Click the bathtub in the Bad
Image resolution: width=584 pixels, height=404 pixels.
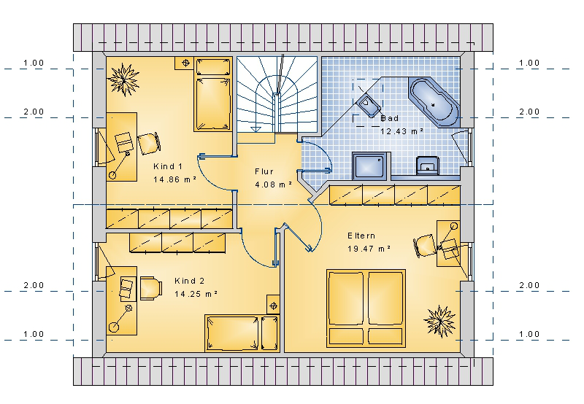pyautogui.click(x=434, y=102)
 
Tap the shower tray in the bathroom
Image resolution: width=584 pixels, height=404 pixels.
pyautogui.click(x=370, y=166)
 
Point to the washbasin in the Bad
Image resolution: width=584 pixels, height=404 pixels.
pyautogui.click(x=428, y=165)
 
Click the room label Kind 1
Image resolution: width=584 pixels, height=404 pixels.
pyautogui.click(x=168, y=166)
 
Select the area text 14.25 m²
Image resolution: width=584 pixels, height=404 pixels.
pyautogui.click(x=196, y=294)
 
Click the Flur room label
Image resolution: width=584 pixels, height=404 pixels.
pyautogui.click(x=264, y=171)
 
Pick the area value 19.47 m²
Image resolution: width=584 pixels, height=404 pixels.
pyautogui.click(x=369, y=249)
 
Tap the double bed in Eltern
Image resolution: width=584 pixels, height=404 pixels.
pyautogui.click(x=366, y=308)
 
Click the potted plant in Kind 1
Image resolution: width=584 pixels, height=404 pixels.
pyautogui.click(x=123, y=79)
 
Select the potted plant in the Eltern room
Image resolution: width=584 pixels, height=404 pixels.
pyautogui.click(x=440, y=321)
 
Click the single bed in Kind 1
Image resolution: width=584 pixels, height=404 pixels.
pyautogui.click(x=213, y=94)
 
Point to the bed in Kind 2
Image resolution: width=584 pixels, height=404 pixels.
pyautogui.click(x=242, y=333)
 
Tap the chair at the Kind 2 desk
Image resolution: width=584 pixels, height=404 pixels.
pyautogui.click(x=151, y=288)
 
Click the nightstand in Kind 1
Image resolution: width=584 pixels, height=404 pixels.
pyautogui.click(x=184, y=63)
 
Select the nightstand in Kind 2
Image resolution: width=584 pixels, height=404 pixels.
pyautogui.click(x=273, y=305)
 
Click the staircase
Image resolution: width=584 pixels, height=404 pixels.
pyautogui.click(x=277, y=95)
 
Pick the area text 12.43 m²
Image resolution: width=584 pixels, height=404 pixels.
pyautogui.click(x=402, y=131)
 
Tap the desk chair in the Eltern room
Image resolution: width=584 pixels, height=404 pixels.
pyautogui.click(x=426, y=245)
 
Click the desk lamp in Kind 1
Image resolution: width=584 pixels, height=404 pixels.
pyautogui.click(x=120, y=164)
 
